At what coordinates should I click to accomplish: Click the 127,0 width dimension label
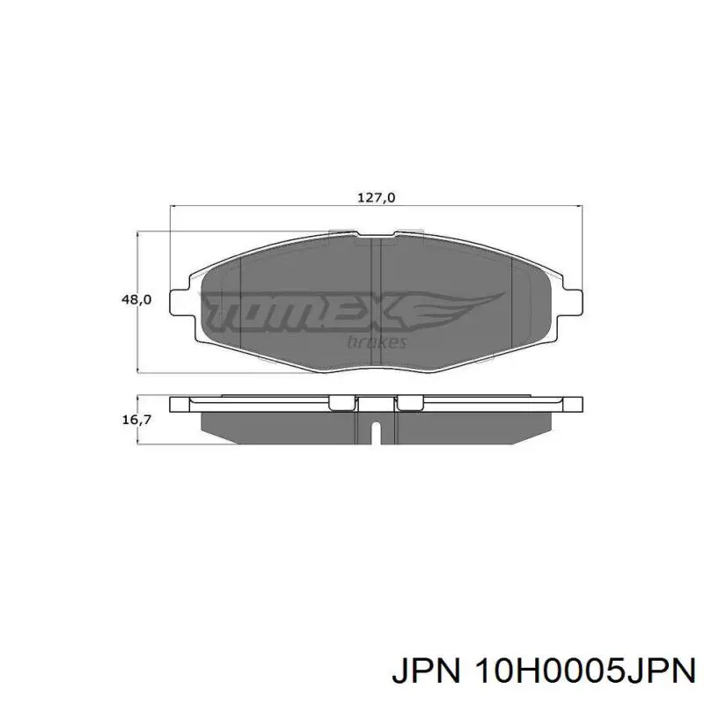click(376, 198)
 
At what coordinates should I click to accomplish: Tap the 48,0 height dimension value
click(136, 300)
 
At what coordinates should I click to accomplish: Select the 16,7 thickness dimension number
click(136, 420)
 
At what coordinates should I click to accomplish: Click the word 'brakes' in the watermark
click(378, 341)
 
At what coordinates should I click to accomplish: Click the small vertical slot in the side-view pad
click(376, 434)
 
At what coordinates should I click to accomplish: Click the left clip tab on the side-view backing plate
click(341, 403)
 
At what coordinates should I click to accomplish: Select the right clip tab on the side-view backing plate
click(409, 403)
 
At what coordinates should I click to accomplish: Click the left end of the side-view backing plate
click(180, 405)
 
